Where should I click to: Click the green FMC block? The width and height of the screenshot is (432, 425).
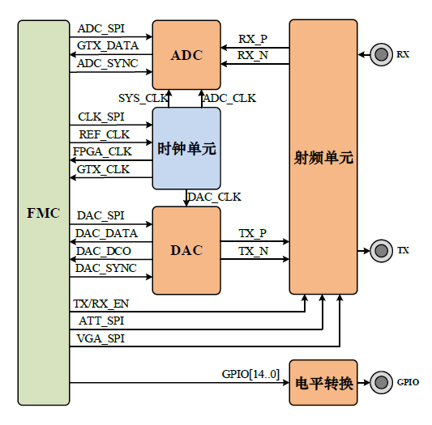[44, 212]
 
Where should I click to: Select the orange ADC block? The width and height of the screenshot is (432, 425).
[186, 55]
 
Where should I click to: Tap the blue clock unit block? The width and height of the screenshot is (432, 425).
[186, 148]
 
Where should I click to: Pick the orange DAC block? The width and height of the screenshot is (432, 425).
[186, 250]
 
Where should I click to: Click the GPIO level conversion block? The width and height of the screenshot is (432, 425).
[323, 383]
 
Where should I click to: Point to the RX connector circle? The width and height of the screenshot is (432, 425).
[381, 54]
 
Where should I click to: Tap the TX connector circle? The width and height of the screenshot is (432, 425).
[381, 251]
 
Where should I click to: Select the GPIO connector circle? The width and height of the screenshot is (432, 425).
[381, 382]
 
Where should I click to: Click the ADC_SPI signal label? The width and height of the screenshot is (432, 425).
[101, 29]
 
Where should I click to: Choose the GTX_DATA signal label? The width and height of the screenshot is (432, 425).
[108, 45]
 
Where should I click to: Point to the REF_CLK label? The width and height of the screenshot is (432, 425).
[104, 134]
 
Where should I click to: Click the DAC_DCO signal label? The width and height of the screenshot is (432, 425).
[104, 251]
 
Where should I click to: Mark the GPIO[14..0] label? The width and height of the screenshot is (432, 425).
[250, 374]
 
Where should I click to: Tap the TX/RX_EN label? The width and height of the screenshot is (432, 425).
[101, 304]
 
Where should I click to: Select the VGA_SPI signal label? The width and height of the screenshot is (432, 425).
[101, 338]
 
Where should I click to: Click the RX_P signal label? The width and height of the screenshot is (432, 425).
[253, 39]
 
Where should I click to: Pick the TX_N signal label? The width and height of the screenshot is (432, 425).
[253, 251]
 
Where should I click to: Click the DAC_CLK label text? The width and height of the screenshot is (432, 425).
[215, 197]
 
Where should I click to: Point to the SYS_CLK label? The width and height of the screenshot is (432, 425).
[143, 98]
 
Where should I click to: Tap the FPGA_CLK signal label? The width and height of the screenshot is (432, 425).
[102, 151]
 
